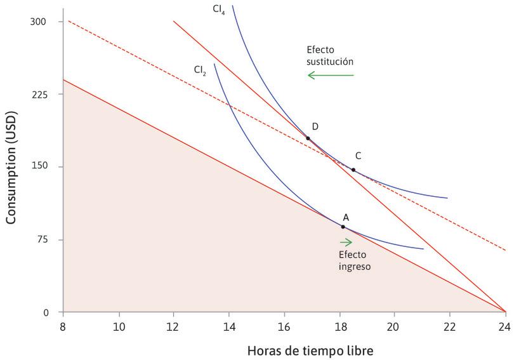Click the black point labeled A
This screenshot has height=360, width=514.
(343, 227)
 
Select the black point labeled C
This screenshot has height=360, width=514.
(353, 170)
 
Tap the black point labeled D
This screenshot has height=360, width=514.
(308, 138)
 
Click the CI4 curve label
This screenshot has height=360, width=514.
(219, 10)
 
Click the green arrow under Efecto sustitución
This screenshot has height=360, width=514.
(331, 75)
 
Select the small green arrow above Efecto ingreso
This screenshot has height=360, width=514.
(346, 242)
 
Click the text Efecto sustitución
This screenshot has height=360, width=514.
(330, 56)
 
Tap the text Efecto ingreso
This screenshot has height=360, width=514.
(354, 260)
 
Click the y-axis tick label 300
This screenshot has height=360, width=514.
(39, 22)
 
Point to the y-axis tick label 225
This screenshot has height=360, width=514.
(39, 94)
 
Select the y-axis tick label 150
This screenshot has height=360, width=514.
(39, 167)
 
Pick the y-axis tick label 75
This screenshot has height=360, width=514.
(41, 240)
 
